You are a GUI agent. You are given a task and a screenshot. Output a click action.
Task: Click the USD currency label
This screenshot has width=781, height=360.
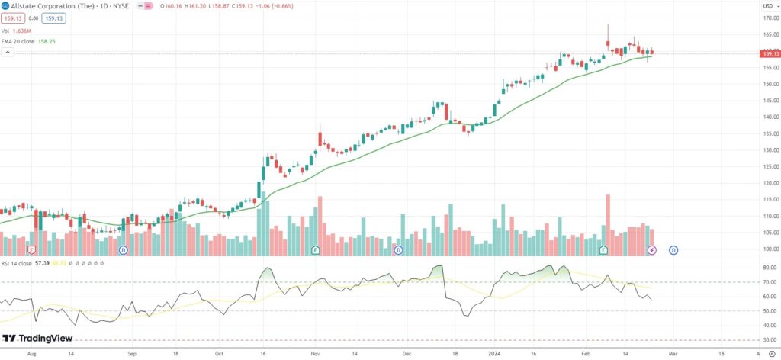point(768,6)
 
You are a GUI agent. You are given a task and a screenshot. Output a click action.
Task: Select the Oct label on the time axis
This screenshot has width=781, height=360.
point(219,354)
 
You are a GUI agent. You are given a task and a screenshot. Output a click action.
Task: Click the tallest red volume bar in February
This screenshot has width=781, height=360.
point(608,224)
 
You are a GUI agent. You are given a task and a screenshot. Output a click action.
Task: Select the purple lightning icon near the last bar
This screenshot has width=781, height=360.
point(652,250)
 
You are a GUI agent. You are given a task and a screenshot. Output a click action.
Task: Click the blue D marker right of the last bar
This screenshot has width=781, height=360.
point(673,250)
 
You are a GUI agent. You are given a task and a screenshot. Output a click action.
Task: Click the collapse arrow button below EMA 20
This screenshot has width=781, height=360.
point(8,53)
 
